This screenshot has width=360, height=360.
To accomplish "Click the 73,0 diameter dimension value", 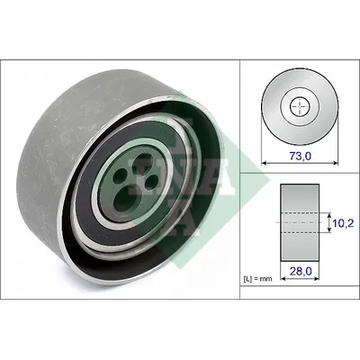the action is click(301, 156).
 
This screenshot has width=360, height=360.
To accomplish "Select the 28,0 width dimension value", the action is click(301, 271).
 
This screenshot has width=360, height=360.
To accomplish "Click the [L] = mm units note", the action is click(257, 279).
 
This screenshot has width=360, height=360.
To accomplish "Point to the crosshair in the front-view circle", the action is click(300, 107).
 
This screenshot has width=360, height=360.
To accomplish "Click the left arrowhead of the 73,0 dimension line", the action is click(265, 163).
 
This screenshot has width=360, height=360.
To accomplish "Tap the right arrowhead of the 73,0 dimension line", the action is click(336, 163).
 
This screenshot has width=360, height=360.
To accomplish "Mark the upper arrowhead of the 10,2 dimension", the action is click(329, 215).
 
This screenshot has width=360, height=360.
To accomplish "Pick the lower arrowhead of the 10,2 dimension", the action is click(329, 230).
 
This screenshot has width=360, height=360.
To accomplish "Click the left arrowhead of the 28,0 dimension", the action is click(283, 279).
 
